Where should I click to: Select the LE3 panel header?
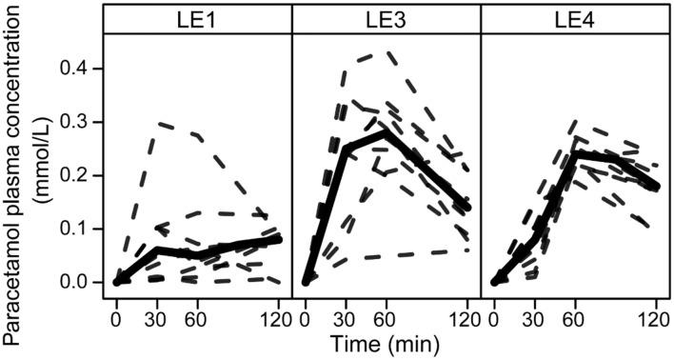386,18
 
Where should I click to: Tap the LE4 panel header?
575,18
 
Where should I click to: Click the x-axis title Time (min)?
386,342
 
